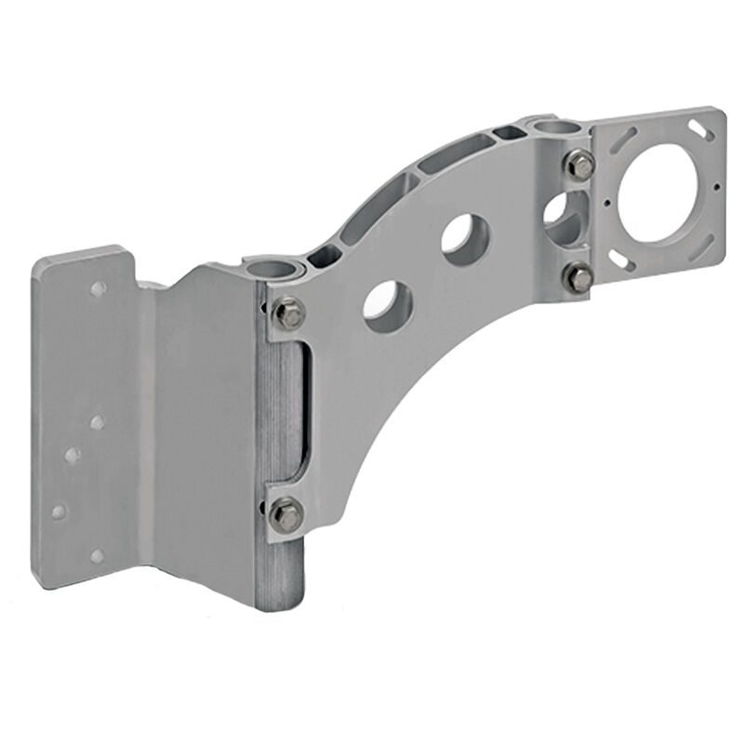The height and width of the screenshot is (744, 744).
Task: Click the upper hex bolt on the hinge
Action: coord(290,313)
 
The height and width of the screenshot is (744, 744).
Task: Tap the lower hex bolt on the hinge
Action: coord(287,512)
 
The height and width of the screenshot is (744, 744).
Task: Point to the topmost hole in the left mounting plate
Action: coord(98,289)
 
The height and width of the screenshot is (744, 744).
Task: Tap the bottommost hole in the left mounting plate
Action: coord(97,556)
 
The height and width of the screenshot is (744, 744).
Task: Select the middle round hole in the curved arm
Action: coord(462,234)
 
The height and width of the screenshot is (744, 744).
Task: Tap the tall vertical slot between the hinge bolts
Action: coord(302,409)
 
